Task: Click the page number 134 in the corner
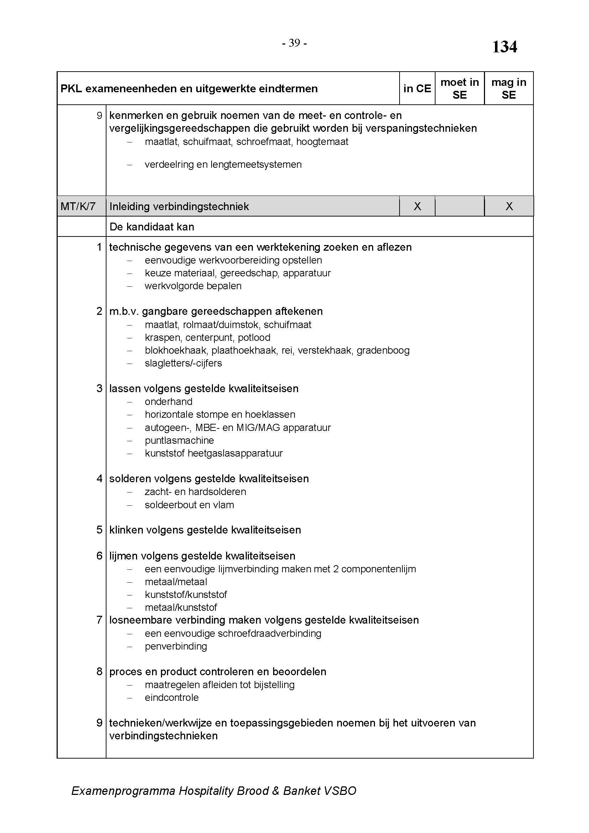(504, 47)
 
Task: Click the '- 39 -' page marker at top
(294, 43)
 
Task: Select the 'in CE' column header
(417, 89)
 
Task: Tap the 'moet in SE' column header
(459, 89)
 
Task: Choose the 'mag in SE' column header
(509, 89)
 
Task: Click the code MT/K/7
(78, 207)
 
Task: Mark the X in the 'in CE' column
(417, 207)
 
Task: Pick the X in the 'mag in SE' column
(509, 207)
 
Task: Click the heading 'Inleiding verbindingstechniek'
(179, 207)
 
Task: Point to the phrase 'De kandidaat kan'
(152, 227)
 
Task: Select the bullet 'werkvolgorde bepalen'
(193, 286)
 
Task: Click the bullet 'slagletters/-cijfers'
(183, 363)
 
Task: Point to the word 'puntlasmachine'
(179, 441)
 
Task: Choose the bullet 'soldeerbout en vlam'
(189, 505)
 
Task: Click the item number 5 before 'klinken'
(99, 530)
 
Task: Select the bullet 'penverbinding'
(176, 646)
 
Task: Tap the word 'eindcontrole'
(172, 698)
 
